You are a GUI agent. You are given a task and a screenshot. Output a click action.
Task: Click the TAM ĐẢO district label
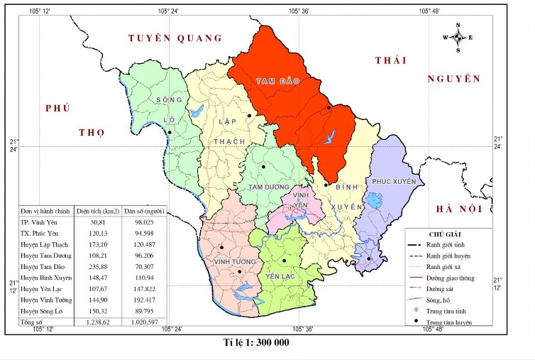click(x=278, y=82)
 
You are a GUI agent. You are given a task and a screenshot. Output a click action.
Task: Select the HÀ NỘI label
click(x=459, y=208)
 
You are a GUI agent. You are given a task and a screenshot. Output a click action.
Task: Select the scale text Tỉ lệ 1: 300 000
click(x=257, y=342)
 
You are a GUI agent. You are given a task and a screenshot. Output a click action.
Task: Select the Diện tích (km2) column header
click(x=97, y=212)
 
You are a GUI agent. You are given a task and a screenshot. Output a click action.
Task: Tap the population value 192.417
click(x=143, y=302)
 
